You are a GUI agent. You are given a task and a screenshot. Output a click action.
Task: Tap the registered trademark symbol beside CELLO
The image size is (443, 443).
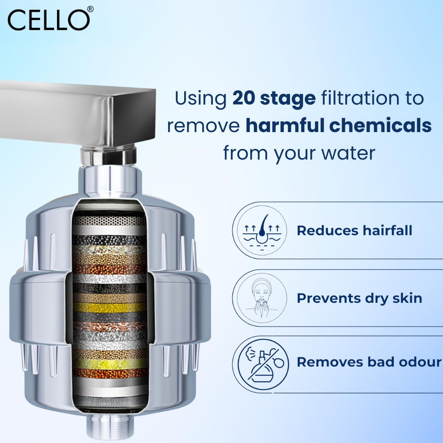[x=90, y=9]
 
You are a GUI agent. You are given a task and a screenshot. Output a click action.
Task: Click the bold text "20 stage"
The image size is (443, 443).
[x=274, y=98]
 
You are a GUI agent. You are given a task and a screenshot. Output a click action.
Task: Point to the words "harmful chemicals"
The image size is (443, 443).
[x=338, y=126]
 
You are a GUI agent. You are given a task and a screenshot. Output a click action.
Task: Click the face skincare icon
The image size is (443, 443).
[x=260, y=298]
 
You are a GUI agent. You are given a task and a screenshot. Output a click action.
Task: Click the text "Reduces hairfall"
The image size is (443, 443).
[x=354, y=231]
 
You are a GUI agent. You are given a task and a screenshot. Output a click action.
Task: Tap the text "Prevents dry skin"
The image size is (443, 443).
[x=359, y=298]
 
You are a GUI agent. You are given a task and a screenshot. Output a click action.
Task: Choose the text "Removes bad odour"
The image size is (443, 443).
[x=369, y=362]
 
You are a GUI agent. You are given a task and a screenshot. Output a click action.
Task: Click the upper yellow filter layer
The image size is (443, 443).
[x=110, y=306]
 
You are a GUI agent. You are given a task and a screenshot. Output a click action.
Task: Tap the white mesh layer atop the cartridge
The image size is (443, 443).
[x=109, y=220]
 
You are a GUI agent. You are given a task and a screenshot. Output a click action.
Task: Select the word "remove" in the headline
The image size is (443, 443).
[x=203, y=126]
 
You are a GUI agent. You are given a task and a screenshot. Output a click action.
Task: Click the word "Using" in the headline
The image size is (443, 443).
[x=201, y=98]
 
